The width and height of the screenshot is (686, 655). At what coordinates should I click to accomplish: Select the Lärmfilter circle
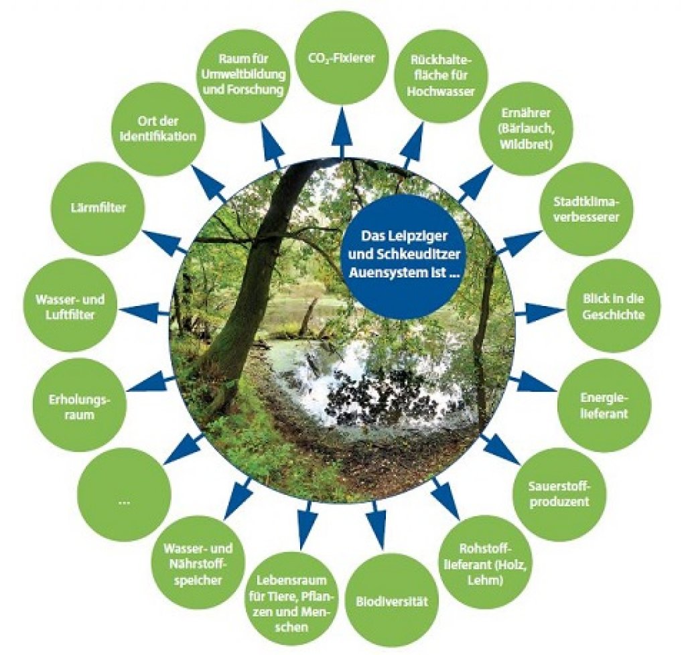pyautogui.click(x=99, y=208)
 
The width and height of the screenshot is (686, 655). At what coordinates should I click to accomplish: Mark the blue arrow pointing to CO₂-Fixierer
pyautogui.click(x=344, y=133)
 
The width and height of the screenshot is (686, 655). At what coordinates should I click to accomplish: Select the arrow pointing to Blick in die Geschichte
pyautogui.click(x=541, y=311)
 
